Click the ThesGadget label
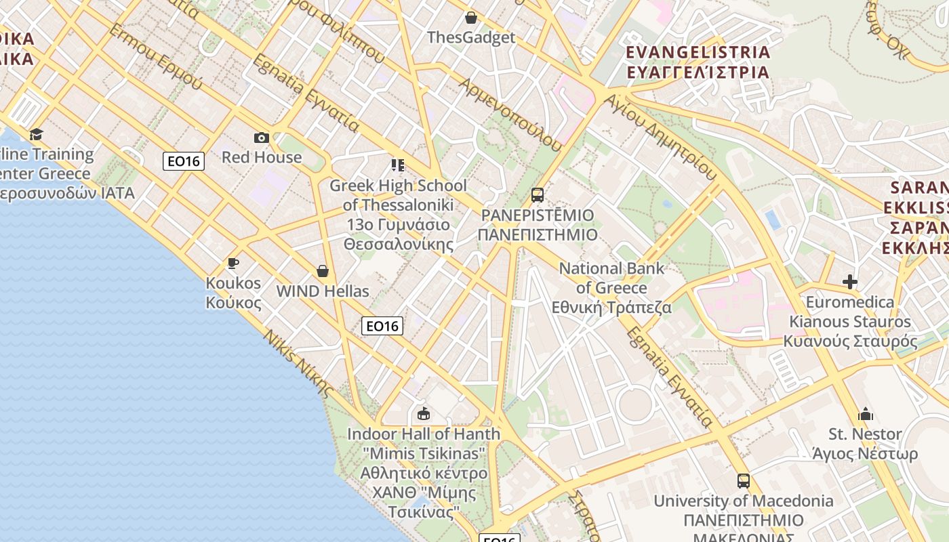click(471, 37)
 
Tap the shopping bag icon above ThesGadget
click(471, 18)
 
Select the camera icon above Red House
click(262, 138)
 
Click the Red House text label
click(262, 157)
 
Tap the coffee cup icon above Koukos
click(233, 263)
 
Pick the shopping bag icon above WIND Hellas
click(323, 271)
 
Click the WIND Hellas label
click(323, 291)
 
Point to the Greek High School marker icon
click(398, 165)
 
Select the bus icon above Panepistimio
click(538, 195)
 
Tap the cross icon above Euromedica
click(850, 282)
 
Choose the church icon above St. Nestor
click(866, 414)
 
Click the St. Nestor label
click(865, 434)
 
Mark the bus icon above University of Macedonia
click(744, 481)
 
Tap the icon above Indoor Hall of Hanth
click(424, 413)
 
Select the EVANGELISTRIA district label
click(698, 53)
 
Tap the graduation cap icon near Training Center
click(36, 134)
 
